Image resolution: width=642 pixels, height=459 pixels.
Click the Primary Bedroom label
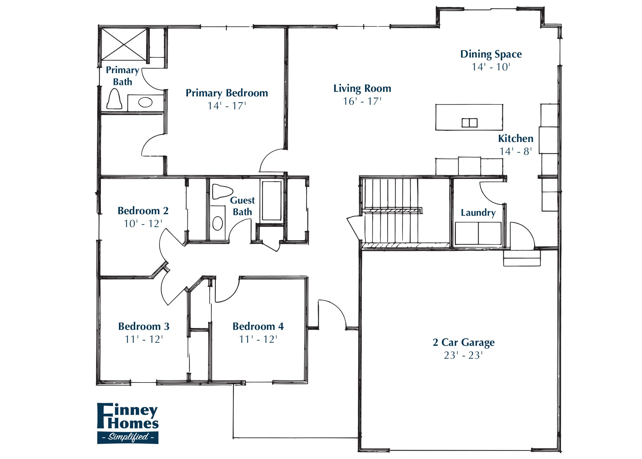tap(227, 93)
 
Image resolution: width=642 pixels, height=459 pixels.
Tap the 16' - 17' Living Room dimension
tap(362, 101)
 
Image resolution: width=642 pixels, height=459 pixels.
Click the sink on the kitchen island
tap(469, 123)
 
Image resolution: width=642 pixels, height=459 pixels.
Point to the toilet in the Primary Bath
tap(114, 99)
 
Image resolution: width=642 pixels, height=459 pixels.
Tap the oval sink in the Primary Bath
tap(145, 102)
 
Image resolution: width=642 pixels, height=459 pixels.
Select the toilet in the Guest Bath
tap(221, 191)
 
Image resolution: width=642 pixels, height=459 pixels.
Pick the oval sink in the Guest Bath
tap(217, 223)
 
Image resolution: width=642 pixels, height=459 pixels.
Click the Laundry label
tap(478, 213)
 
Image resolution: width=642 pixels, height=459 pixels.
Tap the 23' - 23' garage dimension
tap(463, 355)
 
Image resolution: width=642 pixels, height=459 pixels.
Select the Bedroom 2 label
tap(143, 211)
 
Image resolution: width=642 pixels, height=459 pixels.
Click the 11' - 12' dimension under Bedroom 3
tap(144, 339)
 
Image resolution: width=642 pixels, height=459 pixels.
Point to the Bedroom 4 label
tap(258, 327)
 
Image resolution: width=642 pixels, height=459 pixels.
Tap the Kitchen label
tap(515, 139)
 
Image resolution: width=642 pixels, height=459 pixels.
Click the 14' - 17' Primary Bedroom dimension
tap(227, 106)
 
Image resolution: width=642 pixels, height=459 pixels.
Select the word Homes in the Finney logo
tap(133, 424)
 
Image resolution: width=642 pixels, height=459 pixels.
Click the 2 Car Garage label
tap(463, 342)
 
